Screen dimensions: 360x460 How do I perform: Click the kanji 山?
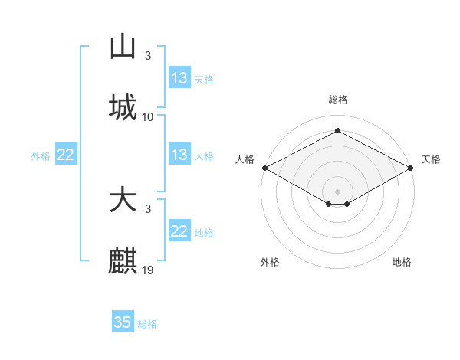[123, 47]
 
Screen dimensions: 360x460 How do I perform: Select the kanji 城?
[123, 107]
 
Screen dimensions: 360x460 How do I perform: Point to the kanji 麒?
[123, 260]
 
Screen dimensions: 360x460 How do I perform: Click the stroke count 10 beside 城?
[148, 116]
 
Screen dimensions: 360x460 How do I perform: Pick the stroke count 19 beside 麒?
[148, 270]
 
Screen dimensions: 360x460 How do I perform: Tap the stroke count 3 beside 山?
[148, 56]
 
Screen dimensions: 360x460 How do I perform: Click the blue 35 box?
[123, 322]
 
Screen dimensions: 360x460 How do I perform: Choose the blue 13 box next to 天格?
[179, 78]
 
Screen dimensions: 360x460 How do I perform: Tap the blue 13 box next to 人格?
[179, 155]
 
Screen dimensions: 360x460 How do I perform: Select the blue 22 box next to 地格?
[179, 231]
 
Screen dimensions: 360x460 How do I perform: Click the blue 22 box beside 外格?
[66, 155]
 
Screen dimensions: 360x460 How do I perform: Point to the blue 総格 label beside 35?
[147, 324]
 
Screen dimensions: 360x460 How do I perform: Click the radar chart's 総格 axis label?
[337, 100]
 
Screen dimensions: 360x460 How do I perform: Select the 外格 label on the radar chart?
[270, 262]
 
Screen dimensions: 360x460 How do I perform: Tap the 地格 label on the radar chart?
[402, 262]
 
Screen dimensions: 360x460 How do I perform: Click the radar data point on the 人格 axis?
[264, 168]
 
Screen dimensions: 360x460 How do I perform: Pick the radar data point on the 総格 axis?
[337, 130]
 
